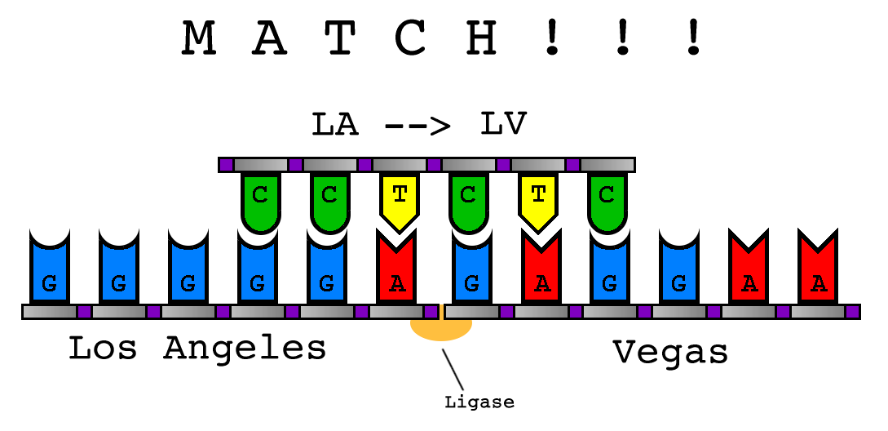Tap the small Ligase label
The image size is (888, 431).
pos(479,402)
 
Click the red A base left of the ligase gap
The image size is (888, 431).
pos(397,273)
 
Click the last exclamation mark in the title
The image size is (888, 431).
pos(693,38)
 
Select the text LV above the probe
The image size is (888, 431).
pos(503,124)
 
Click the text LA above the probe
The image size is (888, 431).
pos(334,124)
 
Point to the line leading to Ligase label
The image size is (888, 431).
pos(453,370)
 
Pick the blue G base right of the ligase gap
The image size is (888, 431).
pos(471,273)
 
